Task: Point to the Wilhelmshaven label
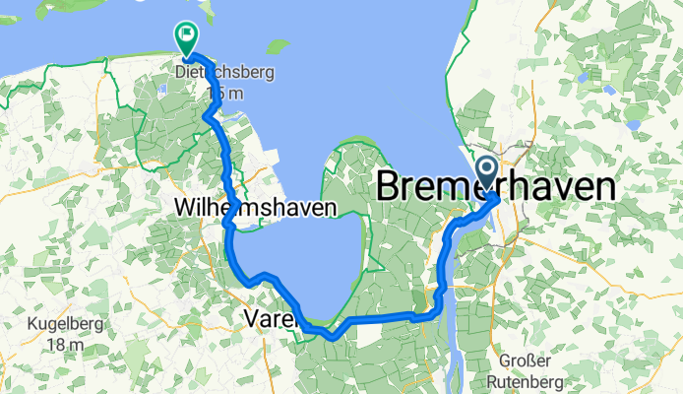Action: tap(255, 208)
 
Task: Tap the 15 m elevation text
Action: tap(224, 93)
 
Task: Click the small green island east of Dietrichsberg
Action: tap(279, 46)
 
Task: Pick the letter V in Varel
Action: tap(250, 318)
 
